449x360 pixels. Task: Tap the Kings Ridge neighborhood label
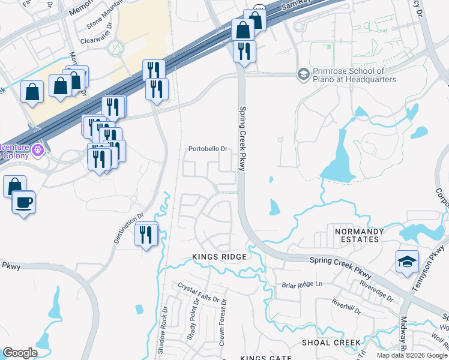(x=219, y=257)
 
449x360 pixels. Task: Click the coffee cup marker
(x=23, y=203)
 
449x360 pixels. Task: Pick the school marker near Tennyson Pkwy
(x=406, y=262)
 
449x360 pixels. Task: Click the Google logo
(x=20, y=353)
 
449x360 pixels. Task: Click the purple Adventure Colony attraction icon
(x=38, y=148)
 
